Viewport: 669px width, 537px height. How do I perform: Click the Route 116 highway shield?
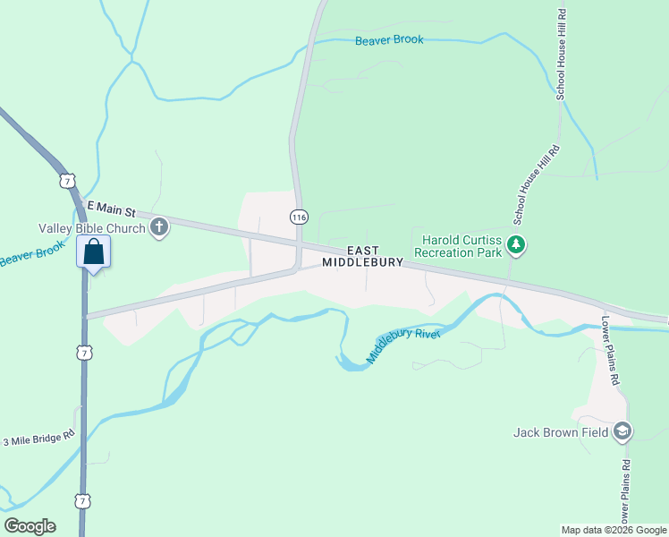point(299,217)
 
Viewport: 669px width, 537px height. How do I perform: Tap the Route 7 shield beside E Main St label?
point(68,182)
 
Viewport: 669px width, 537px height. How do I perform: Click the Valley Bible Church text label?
point(91,228)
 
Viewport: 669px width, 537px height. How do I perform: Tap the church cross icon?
point(159,227)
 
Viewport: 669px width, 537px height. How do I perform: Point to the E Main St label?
point(109,209)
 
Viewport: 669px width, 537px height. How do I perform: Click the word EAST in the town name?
point(362,251)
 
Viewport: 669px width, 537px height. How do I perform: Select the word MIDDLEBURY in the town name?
point(362,263)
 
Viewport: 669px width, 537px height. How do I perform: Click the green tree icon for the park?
point(515,243)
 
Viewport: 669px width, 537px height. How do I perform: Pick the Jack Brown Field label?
point(561,433)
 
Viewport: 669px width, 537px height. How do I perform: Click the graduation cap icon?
point(622,432)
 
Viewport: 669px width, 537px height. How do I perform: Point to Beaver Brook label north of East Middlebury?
point(389,40)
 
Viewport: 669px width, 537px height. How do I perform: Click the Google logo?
point(30,526)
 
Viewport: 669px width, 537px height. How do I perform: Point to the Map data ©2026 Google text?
point(614,530)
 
